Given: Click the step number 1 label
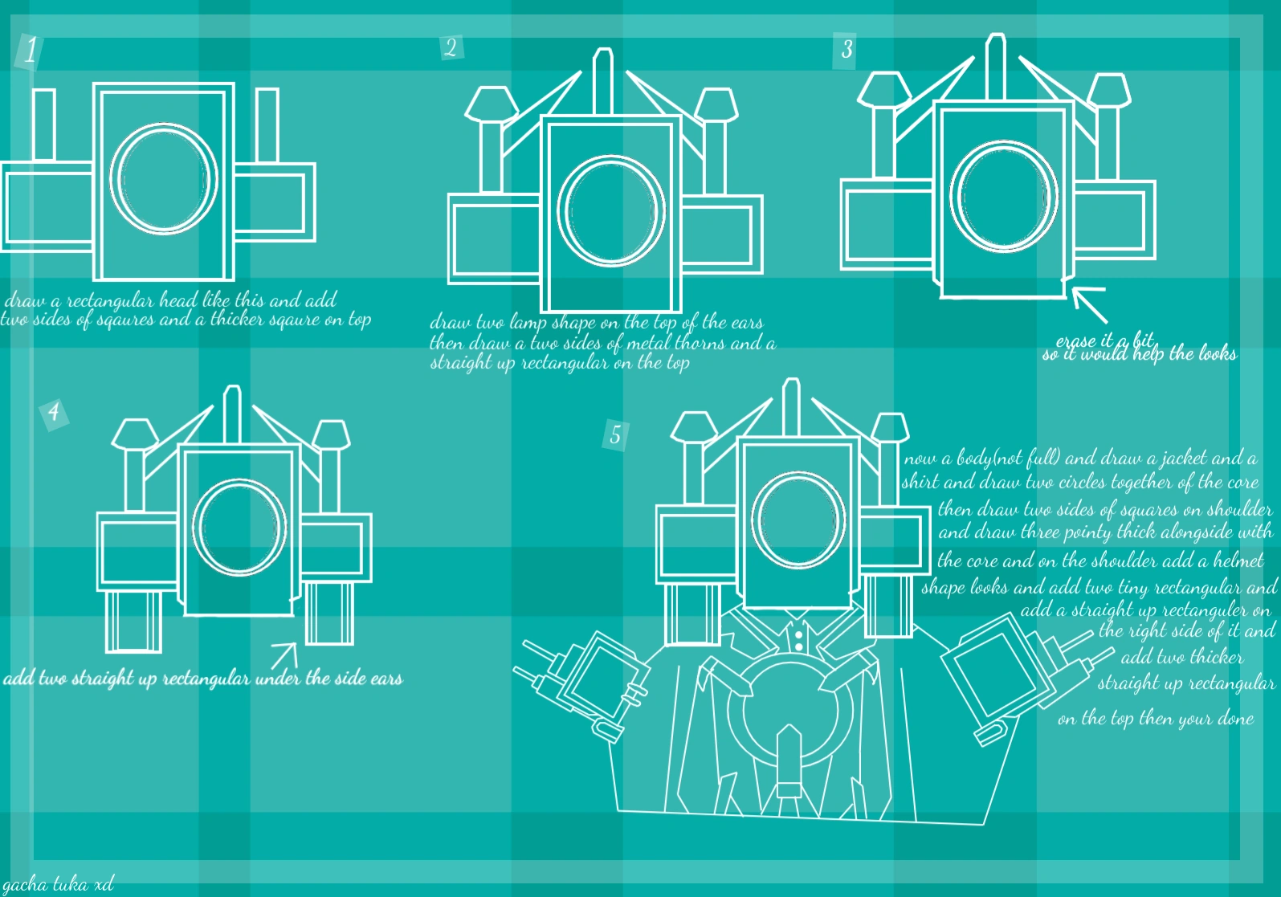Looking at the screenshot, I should point(30,51).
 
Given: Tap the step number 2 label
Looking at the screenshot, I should point(451,47).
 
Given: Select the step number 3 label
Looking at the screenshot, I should point(847,50).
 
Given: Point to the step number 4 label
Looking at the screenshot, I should point(54,413).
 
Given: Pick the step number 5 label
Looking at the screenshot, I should point(615,435).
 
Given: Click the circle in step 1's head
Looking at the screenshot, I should point(164,178).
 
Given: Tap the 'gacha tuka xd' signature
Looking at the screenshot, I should point(58,884).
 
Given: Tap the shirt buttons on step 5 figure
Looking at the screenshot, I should point(798,640).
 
